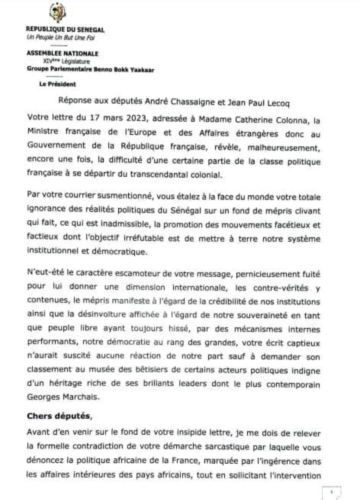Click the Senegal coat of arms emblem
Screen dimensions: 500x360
[57, 12]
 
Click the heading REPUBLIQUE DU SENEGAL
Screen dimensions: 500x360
[65, 30]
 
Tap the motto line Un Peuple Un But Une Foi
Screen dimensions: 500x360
[61, 38]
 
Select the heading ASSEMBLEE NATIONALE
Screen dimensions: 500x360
[63, 53]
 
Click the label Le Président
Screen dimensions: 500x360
[58, 84]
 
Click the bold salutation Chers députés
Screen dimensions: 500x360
[59, 416]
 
